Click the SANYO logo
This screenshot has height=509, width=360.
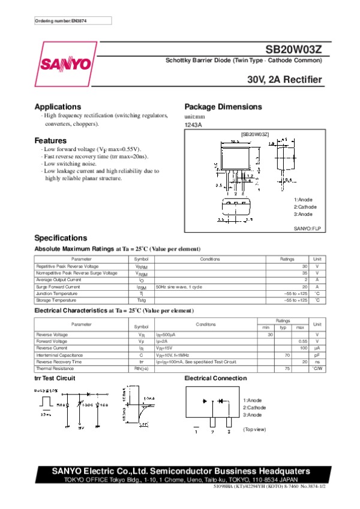66,64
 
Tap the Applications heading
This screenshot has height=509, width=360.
58,107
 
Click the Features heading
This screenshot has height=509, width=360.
50,140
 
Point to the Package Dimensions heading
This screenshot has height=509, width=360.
223,107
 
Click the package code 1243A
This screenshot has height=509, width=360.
193,125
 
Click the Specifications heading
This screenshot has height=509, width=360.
61,237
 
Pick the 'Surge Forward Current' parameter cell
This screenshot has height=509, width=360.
58,287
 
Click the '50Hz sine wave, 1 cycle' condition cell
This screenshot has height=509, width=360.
179,287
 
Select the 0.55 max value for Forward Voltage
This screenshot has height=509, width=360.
303,341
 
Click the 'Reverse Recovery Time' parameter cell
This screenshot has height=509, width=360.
59,362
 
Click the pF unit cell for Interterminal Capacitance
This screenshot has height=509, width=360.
317,355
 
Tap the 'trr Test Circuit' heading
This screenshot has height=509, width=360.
54,378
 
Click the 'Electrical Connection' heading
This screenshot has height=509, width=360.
215,378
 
